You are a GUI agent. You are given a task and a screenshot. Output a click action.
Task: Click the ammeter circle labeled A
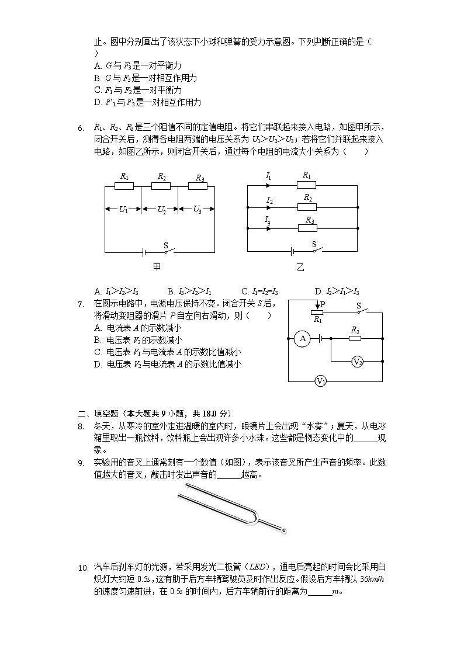click(x=302, y=338)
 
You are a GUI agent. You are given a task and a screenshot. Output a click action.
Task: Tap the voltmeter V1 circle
click(x=320, y=381)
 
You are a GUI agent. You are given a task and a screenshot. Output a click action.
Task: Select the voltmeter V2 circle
click(x=358, y=362)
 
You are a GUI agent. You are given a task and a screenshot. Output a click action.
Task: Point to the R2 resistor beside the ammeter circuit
click(x=355, y=338)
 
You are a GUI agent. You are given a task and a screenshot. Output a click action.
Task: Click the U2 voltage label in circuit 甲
click(x=161, y=210)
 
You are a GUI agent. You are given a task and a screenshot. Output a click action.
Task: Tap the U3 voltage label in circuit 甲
click(x=198, y=210)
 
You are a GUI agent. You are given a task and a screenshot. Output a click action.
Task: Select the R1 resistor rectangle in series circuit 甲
click(x=124, y=186)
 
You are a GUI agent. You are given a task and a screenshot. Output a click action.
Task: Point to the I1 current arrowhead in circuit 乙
click(x=268, y=185)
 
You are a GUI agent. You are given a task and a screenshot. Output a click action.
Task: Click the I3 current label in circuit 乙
click(x=268, y=220)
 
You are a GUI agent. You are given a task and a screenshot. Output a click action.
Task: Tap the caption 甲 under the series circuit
click(x=157, y=267)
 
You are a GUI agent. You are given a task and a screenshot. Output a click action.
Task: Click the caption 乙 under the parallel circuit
click(x=300, y=267)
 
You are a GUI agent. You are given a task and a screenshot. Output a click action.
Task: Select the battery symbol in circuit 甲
click(x=144, y=252)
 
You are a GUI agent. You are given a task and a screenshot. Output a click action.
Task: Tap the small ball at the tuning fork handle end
click(x=284, y=531)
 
